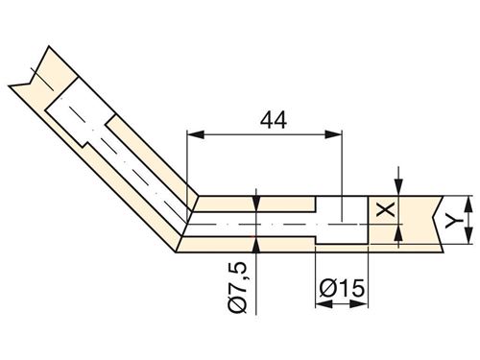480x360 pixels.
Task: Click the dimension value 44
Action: click(274, 120)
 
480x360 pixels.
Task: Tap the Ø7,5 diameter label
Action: click(237, 287)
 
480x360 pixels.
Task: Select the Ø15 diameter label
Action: click(342, 288)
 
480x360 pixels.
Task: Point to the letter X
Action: click(385, 210)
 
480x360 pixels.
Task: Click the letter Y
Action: click(454, 221)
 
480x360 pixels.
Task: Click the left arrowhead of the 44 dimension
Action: click(196, 134)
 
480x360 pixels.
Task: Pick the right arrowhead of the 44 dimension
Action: click(333, 134)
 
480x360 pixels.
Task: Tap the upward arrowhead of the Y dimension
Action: click(468, 204)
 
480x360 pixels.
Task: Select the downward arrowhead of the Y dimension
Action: click(468, 235)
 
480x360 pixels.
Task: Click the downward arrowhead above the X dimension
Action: click(398, 186)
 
